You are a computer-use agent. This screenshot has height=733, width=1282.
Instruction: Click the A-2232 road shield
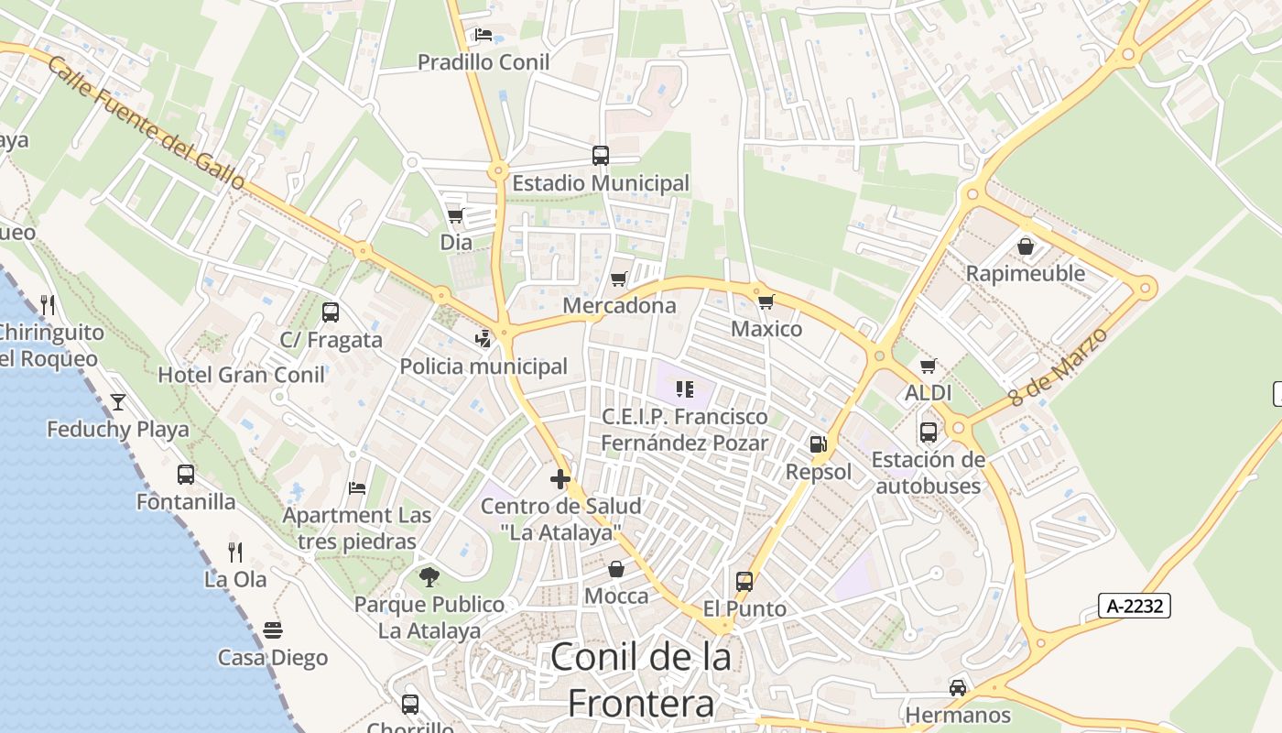coord(1134,605)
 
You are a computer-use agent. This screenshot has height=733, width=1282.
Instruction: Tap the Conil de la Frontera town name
coord(641,680)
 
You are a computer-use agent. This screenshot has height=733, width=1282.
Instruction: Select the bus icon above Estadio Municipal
coord(601,156)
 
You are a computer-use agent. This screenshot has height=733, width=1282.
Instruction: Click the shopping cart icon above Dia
coord(455,216)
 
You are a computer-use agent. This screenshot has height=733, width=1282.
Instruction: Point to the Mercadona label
coord(619,305)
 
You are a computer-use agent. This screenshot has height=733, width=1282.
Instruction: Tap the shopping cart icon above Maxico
coord(766,301)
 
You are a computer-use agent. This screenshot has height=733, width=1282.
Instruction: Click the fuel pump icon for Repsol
coord(818,445)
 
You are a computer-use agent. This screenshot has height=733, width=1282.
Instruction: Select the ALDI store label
coord(929,393)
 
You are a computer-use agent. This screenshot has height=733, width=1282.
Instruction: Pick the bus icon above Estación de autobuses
coord(929,432)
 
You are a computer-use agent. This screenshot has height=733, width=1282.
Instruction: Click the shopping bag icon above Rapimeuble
coord(1026,246)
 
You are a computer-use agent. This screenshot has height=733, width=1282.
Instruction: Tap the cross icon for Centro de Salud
coord(560,479)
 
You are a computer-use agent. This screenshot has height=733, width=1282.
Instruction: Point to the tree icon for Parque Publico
coord(429,576)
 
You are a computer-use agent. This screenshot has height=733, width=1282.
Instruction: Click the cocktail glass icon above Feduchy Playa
coord(118,401)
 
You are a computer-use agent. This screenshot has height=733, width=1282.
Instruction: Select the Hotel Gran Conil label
coord(242,375)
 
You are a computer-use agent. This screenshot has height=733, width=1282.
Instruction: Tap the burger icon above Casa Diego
coord(273,630)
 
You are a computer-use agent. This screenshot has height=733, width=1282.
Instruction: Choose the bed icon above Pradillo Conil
coord(483,36)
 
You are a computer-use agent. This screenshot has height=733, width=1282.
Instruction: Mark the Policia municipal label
coord(483,366)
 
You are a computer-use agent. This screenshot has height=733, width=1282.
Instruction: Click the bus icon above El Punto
coord(744,582)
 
